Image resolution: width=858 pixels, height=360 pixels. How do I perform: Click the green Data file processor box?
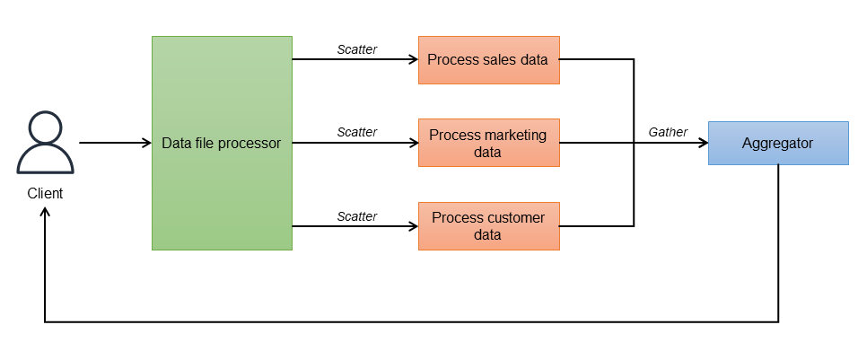click(222, 143)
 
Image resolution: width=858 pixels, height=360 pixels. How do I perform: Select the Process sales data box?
click(488, 60)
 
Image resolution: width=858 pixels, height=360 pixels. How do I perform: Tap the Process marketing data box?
click(488, 143)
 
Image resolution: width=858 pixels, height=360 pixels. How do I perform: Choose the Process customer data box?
click(488, 226)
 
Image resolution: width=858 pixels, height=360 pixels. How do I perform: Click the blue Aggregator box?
click(777, 143)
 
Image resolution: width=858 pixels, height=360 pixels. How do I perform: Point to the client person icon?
click(44, 143)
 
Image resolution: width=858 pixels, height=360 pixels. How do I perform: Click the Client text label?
click(45, 193)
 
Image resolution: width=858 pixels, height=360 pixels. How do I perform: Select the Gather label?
click(668, 132)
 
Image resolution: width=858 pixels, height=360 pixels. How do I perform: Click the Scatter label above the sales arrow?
click(356, 49)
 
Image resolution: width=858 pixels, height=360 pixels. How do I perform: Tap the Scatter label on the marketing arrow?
click(356, 132)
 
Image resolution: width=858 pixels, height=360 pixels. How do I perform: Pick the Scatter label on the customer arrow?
click(356, 215)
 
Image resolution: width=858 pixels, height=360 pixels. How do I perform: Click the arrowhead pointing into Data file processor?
click(145, 143)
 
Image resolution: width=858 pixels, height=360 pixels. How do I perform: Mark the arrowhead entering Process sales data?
click(413, 60)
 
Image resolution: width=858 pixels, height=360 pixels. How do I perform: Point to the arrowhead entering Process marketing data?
click(413, 143)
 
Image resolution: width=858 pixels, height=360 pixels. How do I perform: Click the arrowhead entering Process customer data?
click(413, 226)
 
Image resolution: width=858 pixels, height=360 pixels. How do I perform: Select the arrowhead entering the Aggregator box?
click(702, 143)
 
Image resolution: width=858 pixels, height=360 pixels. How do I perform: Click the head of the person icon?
click(44, 127)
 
